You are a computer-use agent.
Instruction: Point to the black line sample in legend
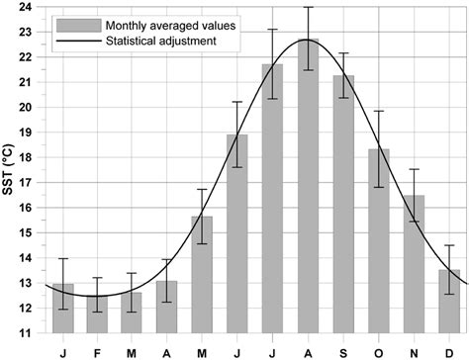tap(74, 40)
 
